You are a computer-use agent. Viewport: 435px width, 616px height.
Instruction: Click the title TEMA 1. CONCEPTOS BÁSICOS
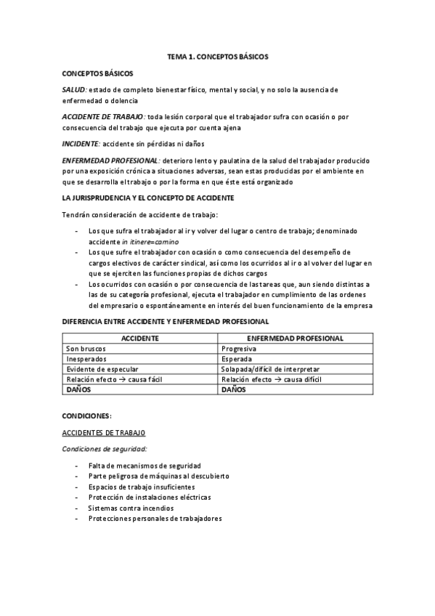pyautogui.click(x=217, y=56)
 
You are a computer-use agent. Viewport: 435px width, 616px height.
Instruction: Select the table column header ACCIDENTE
pyautogui.click(x=140, y=339)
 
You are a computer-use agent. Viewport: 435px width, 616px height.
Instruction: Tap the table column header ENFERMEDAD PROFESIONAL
pyautogui.click(x=296, y=339)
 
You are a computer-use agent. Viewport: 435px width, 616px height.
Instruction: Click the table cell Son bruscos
pyautogui.click(x=85, y=349)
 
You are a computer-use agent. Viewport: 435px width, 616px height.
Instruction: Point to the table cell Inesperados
pyautogui.click(x=86, y=359)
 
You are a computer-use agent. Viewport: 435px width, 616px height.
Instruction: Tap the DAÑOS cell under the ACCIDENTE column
pyautogui.click(x=79, y=389)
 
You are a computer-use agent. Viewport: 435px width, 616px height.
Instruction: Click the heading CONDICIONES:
pyautogui.click(x=87, y=416)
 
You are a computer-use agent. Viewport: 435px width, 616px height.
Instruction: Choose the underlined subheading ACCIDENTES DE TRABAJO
pyautogui.click(x=104, y=433)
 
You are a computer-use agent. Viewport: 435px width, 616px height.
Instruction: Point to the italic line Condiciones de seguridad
pyautogui.click(x=105, y=449)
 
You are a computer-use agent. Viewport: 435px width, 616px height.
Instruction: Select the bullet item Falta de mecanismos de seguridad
pyautogui.click(x=145, y=465)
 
